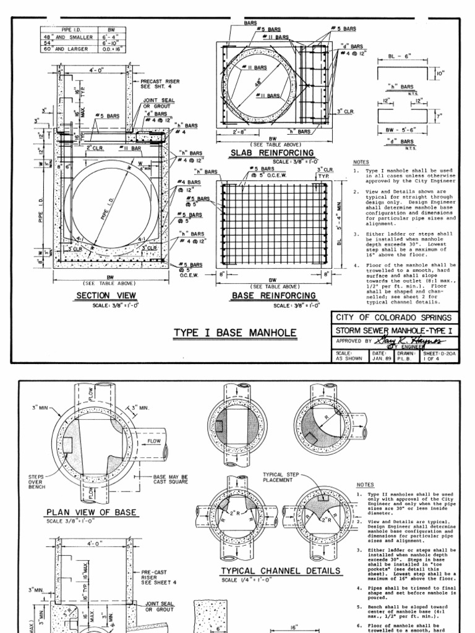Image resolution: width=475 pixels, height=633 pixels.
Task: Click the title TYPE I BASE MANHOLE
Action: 234,333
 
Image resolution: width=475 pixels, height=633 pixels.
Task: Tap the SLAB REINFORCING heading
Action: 272,152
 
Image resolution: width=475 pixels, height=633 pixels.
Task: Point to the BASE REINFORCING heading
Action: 273,296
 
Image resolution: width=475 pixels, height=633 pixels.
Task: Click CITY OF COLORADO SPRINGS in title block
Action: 395,317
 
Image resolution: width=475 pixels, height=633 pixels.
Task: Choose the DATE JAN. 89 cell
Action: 379,356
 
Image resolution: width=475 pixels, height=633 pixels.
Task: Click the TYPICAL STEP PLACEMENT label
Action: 279,478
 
